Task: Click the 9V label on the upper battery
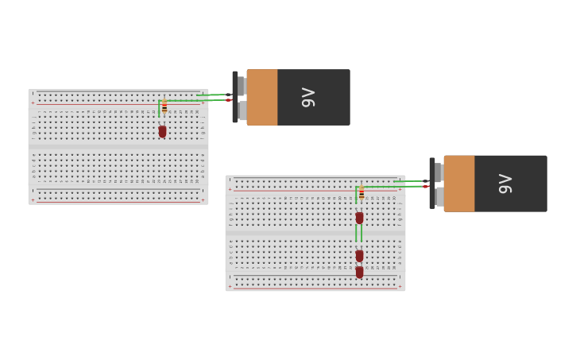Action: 308,97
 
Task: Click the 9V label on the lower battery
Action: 505,184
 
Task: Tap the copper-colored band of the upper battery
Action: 262,97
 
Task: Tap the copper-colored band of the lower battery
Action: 459,184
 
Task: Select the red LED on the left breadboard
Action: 162,131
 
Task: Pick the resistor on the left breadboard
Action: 164,106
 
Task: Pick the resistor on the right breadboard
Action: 361,192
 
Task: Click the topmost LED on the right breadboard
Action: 359,217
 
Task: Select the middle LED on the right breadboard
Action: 359,255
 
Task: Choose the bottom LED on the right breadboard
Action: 359,272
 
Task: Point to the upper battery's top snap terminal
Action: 242,85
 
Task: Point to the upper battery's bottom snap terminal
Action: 242,110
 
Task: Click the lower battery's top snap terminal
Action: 439,172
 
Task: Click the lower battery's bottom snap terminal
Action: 439,196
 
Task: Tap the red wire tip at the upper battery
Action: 228,100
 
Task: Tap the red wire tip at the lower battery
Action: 426,187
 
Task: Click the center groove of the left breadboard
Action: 118,147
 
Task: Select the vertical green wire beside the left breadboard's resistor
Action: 159,108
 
